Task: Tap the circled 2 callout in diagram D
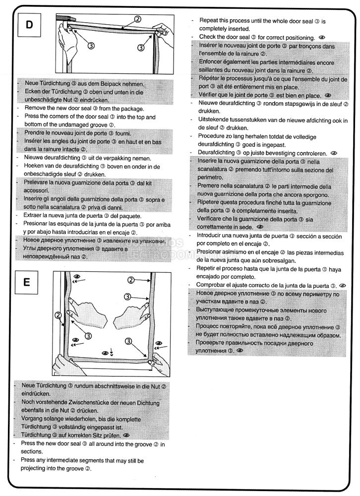point(138,20)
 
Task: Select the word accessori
point(36,190)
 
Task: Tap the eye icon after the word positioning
point(322,37)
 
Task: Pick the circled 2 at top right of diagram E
point(131,280)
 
